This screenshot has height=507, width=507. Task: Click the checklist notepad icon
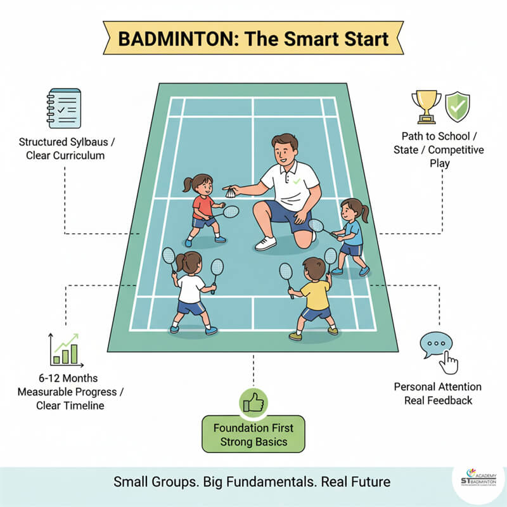click(x=64, y=111)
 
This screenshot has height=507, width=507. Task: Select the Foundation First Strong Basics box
click(x=253, y=433)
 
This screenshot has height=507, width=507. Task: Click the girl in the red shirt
click(x=203, y=209)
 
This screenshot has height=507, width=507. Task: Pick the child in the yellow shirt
click(x=314, y=298)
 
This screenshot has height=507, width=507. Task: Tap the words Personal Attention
click(x=437, y=387)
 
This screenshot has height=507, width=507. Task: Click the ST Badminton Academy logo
click(x=480, y=480)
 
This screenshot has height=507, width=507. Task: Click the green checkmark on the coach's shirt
click(x=297, y=182)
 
